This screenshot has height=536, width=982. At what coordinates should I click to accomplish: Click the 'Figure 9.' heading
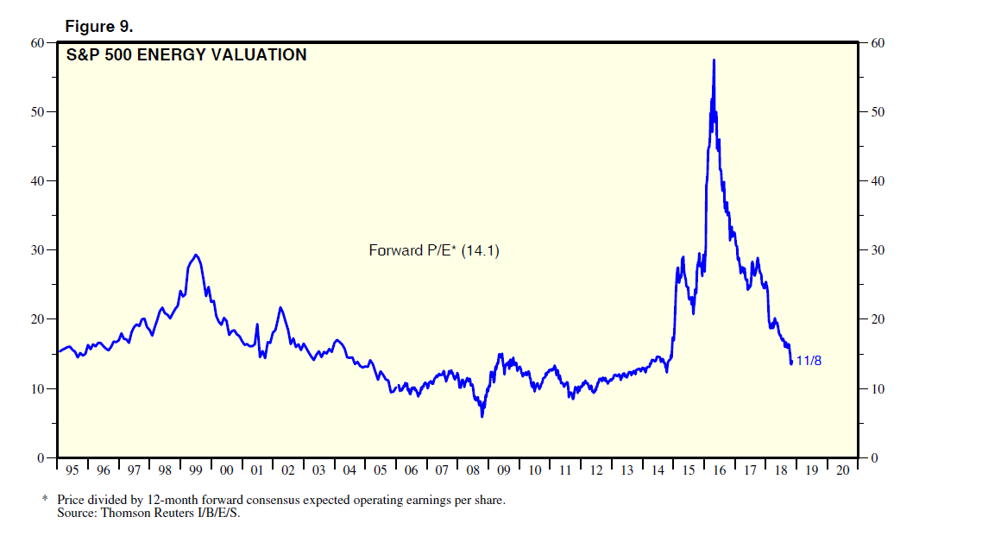point(99,26)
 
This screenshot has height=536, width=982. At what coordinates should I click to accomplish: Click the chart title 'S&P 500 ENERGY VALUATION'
point(186,55)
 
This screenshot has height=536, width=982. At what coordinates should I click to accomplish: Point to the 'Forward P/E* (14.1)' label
point(434,251)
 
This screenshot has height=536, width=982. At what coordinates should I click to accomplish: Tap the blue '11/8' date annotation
point(809,361)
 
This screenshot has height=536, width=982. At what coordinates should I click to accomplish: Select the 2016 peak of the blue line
point(714,60)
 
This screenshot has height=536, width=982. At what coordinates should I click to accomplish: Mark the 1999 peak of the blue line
point(197,255)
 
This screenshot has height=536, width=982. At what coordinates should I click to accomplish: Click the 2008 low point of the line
point(482,416)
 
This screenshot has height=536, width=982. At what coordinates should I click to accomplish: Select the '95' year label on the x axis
point(72,470)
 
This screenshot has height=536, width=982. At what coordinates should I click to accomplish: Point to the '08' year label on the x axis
point(472,470)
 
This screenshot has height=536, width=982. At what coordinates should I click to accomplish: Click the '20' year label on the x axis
point(842,470)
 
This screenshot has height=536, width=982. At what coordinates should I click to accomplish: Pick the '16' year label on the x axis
point(719,470)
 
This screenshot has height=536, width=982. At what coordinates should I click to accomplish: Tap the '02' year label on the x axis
point(287,470)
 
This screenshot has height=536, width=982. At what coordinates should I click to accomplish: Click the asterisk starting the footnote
point(46,500)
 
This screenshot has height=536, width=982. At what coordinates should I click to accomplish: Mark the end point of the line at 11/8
point(791,363)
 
